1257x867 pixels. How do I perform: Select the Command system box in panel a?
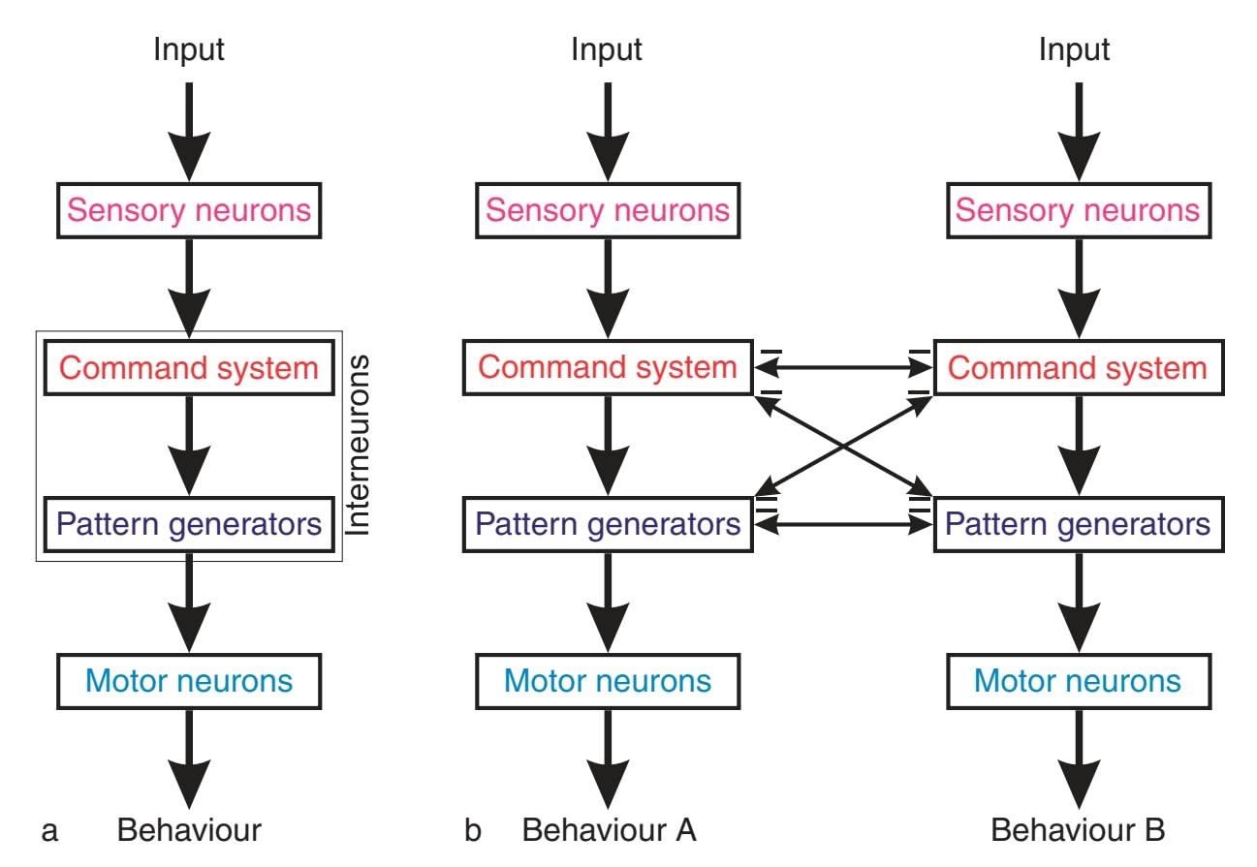(x=189, y=368)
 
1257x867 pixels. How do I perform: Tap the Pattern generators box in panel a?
(x=189, y=524)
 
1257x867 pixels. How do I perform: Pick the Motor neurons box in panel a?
(x=189, y=680)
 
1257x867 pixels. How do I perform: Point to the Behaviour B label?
(x=1078, y=830)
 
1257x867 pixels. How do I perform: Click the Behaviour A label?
(x=610, y=830)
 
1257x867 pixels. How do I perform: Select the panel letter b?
(x=472, y=830)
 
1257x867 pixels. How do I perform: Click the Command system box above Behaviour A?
(x=608, y=368)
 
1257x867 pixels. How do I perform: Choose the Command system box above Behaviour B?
(x=1078, y=368)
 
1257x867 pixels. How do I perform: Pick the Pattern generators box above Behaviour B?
(x=1078, y=524)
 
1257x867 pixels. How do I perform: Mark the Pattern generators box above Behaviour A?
(x=608, y=524)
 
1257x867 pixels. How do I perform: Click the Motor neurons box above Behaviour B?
(x=1078, y=680)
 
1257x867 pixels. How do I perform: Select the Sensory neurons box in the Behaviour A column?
(x=608, y=210)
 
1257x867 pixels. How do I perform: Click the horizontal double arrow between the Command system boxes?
(x=842, y=368)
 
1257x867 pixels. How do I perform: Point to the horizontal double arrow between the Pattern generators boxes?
(x=842, y=524)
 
